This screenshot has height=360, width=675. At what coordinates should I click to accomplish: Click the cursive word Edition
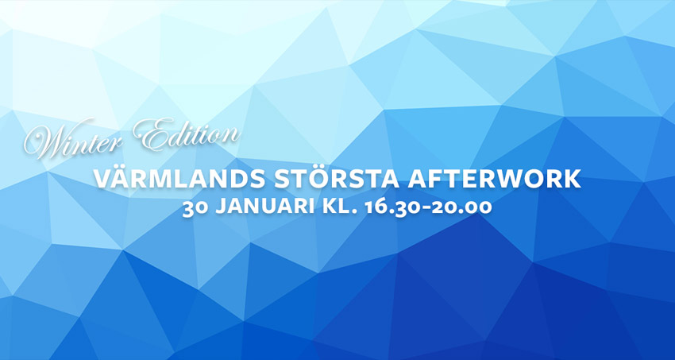[x=187, y=136]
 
